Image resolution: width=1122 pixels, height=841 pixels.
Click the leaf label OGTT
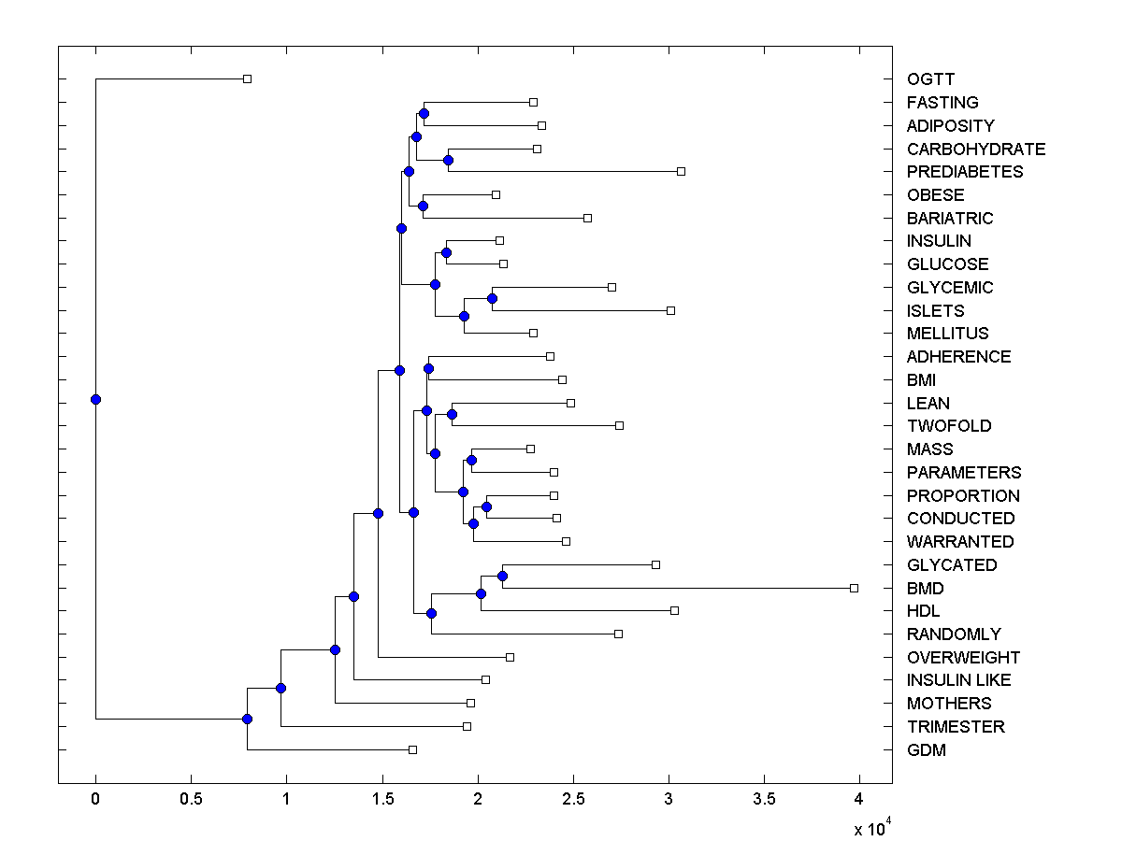click(x=930, y=79)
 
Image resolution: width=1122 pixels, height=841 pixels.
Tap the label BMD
click(x=925, y=589)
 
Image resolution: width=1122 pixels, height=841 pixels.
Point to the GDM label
click(x=927, y=750)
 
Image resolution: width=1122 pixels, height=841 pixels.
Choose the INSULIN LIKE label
click(x=958, y=680)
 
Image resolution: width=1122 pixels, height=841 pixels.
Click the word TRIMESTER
click(x=956, y=727)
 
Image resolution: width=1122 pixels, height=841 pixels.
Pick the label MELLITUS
click(x=947, y=334)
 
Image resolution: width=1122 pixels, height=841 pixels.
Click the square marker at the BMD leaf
click(x=854, y=588)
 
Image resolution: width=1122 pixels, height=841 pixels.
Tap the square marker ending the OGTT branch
click(x=247, y=78)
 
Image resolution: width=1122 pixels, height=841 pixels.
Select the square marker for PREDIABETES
click(x=681, y=171)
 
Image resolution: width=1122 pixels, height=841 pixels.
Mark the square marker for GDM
click(x=412, y=749)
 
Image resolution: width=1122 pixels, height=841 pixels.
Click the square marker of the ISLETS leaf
click(x=670, y=310)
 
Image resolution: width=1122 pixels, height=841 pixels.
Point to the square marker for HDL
click(x=674, y=610)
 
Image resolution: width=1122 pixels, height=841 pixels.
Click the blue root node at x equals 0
click(x=95, y=399)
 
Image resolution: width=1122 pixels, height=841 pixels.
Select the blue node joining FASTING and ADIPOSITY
click(x=424, y=113)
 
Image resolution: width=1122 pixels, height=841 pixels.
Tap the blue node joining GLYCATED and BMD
click(x=502, y=576)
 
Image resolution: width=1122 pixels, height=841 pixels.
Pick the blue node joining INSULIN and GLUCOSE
click(x=446, y=252)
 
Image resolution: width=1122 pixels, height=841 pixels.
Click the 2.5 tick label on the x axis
click(x=573, y=800)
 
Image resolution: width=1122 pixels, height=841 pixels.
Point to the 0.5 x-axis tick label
click(x=191, y=800)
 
